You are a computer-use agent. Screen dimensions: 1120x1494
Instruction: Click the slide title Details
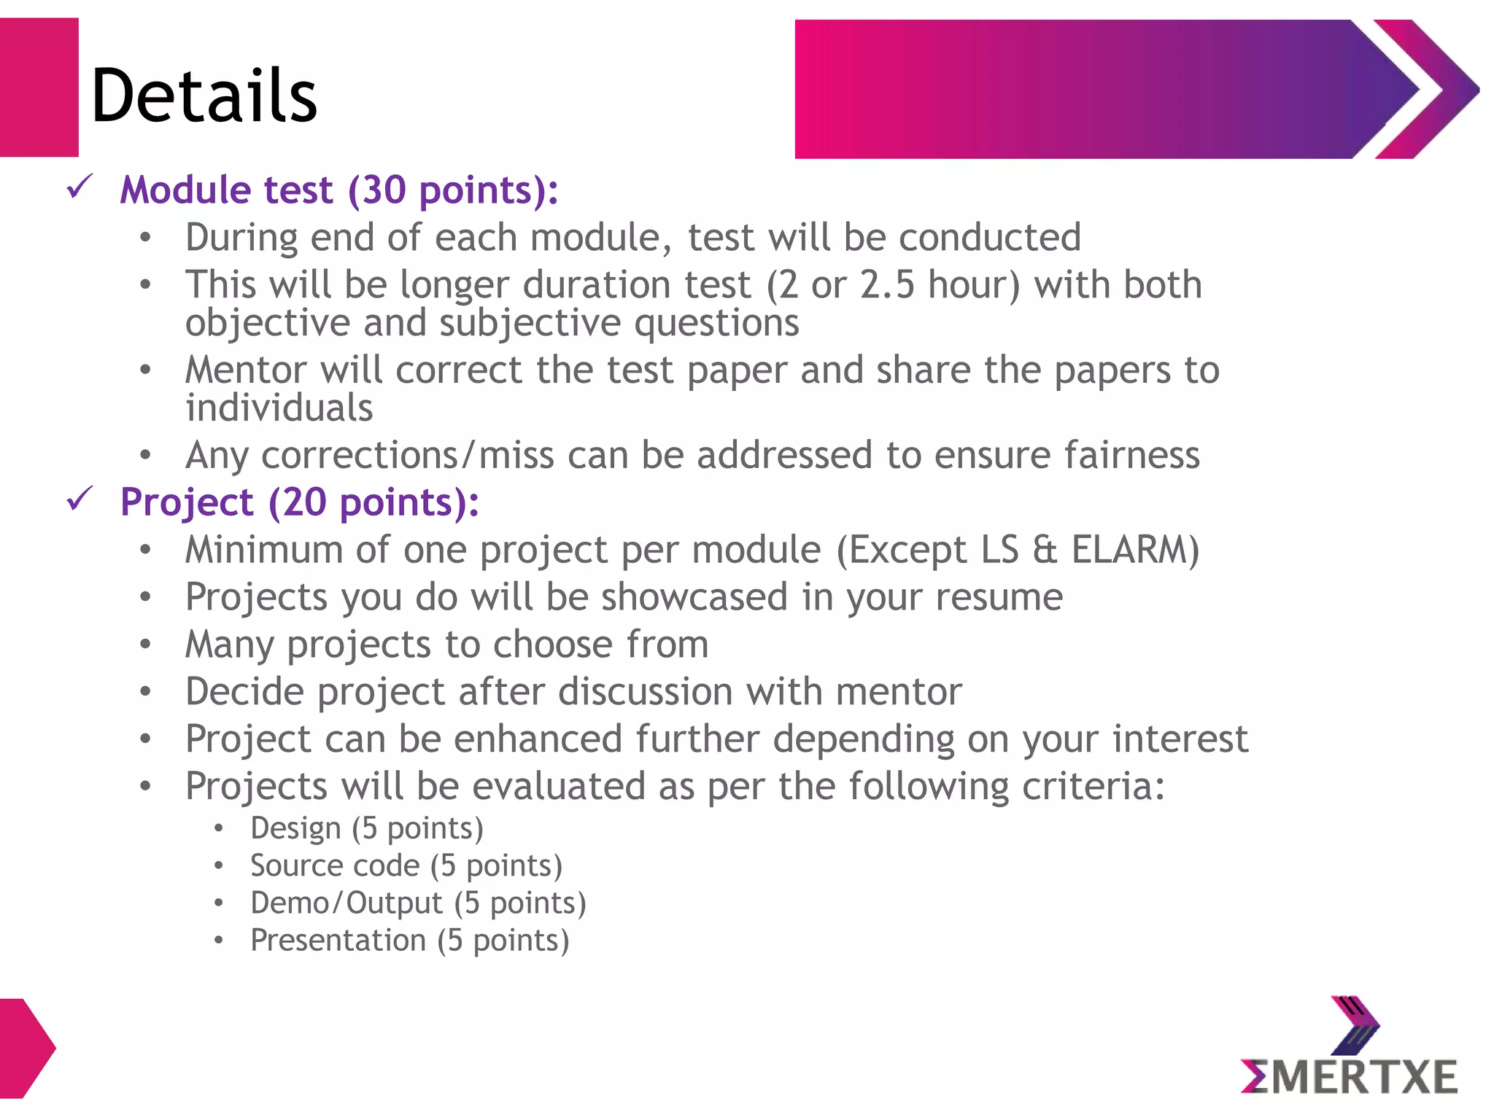204,96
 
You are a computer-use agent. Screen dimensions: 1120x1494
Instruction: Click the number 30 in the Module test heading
384,190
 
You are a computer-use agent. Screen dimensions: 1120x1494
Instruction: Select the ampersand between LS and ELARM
1045,551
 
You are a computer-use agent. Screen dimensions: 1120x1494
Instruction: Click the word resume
999,597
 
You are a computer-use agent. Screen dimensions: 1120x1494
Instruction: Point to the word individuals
279,408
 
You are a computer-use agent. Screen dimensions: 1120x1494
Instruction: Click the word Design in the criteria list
295,828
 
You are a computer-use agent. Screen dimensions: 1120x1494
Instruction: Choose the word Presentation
338,940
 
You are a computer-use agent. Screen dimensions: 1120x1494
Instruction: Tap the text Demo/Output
346,903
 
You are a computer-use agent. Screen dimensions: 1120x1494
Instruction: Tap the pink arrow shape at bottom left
26,1048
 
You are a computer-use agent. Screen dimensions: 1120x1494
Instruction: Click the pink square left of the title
39,87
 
